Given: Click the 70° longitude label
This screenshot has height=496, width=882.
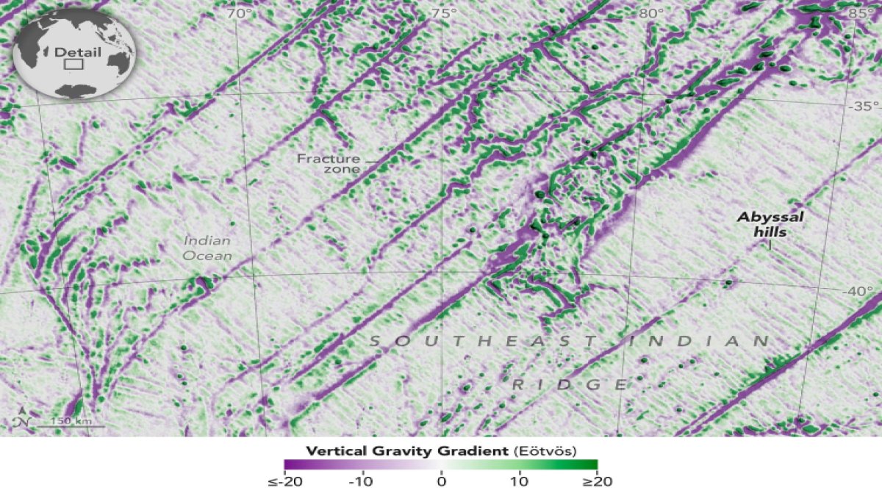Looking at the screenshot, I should (x=238, y=13).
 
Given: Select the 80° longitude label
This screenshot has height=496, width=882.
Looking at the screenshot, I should (x=650, y=13).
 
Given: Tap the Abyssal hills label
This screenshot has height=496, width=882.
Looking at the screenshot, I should (x=770, y=224).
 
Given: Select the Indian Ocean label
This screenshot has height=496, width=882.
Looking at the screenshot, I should (x=208, y=248).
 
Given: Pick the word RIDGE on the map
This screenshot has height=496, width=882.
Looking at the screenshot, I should (x=570, y=384).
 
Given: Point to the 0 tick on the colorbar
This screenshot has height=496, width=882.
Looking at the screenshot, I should (x=441, y=482).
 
